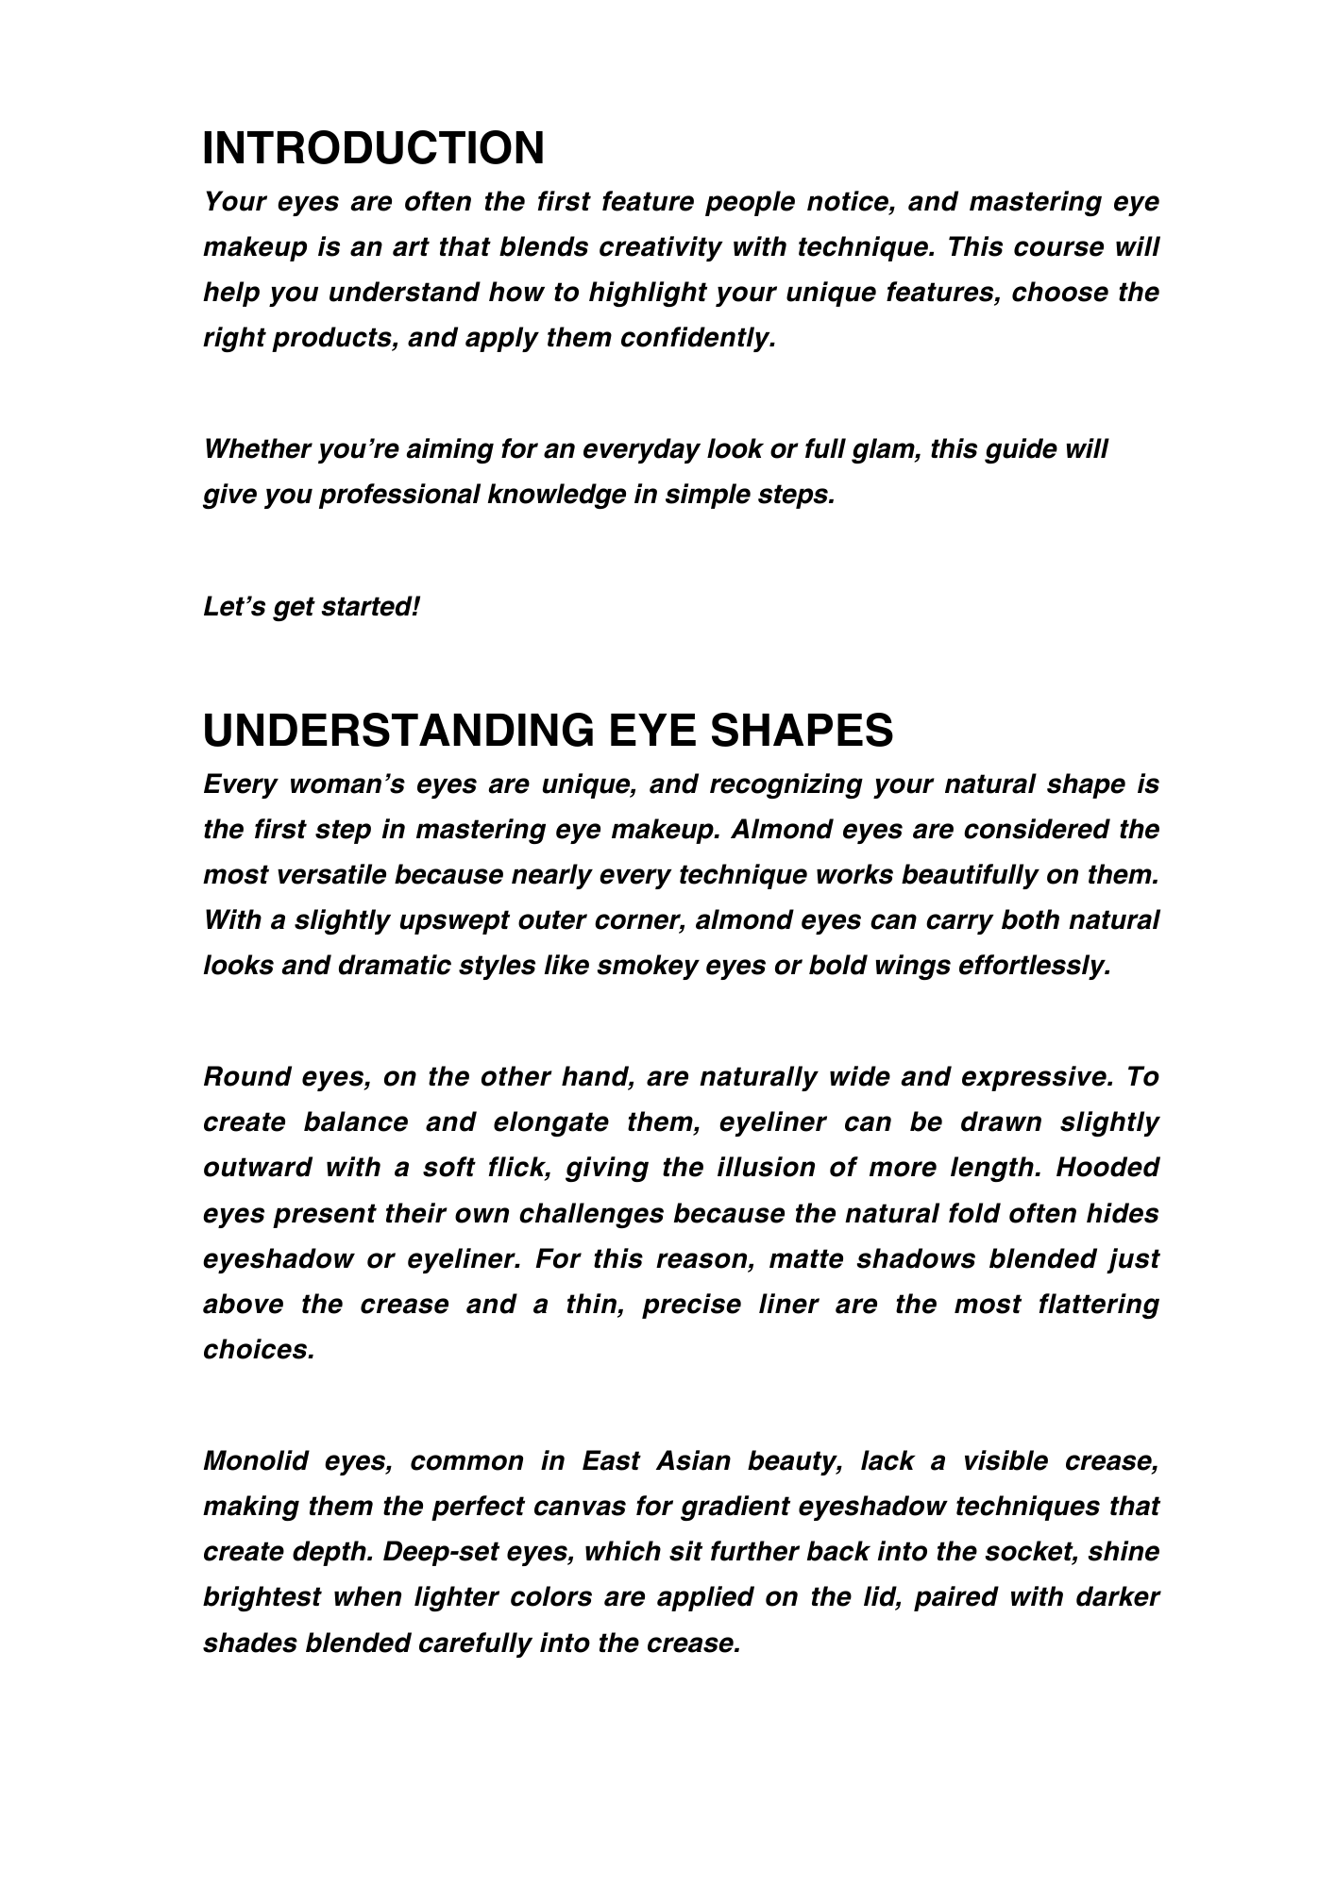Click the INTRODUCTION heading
374,148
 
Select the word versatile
330,875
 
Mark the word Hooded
1107,1168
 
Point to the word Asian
694,1461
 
